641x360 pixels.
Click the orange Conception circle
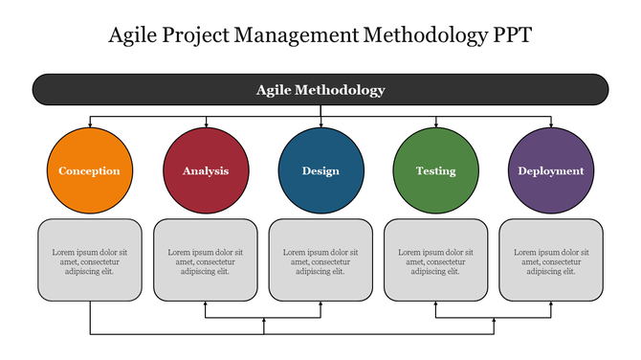(x=90, y=171)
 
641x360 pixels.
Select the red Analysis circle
(x=206, y=171)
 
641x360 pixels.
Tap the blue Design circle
(x=320, y=171)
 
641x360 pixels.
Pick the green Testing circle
(x=435, y=171)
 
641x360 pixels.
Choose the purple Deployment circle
(x=551, y=171)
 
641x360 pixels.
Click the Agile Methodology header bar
(x=320, y=90)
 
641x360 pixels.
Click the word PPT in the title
(x=512, y=36)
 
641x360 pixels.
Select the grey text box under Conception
(x=90, y=259)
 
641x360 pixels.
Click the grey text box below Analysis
(x=206, y=259)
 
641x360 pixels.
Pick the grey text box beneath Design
(x=320, y=259)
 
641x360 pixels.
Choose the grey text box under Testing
(x=435, y=259)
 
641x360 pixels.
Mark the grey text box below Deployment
(x=551, y=259)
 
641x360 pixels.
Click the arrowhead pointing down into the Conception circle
(x=90, y=124)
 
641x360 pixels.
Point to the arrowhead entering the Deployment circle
(x=551, y=124)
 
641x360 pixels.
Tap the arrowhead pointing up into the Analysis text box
(x=206, y=304)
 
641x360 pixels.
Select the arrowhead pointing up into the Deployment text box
(x=551, y=304)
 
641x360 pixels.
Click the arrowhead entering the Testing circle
(x=436, y=124)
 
